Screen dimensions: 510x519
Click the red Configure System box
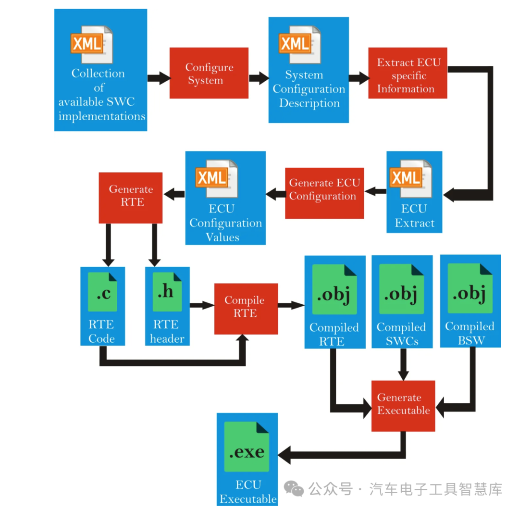209,73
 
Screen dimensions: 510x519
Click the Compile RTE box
246,308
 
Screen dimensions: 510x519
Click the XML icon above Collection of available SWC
91,44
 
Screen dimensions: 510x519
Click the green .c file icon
102,292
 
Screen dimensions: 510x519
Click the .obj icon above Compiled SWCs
402,290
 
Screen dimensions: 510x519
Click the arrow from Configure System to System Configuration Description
259,78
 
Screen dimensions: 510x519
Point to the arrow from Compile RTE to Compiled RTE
291,305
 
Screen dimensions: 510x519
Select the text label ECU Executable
248,491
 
